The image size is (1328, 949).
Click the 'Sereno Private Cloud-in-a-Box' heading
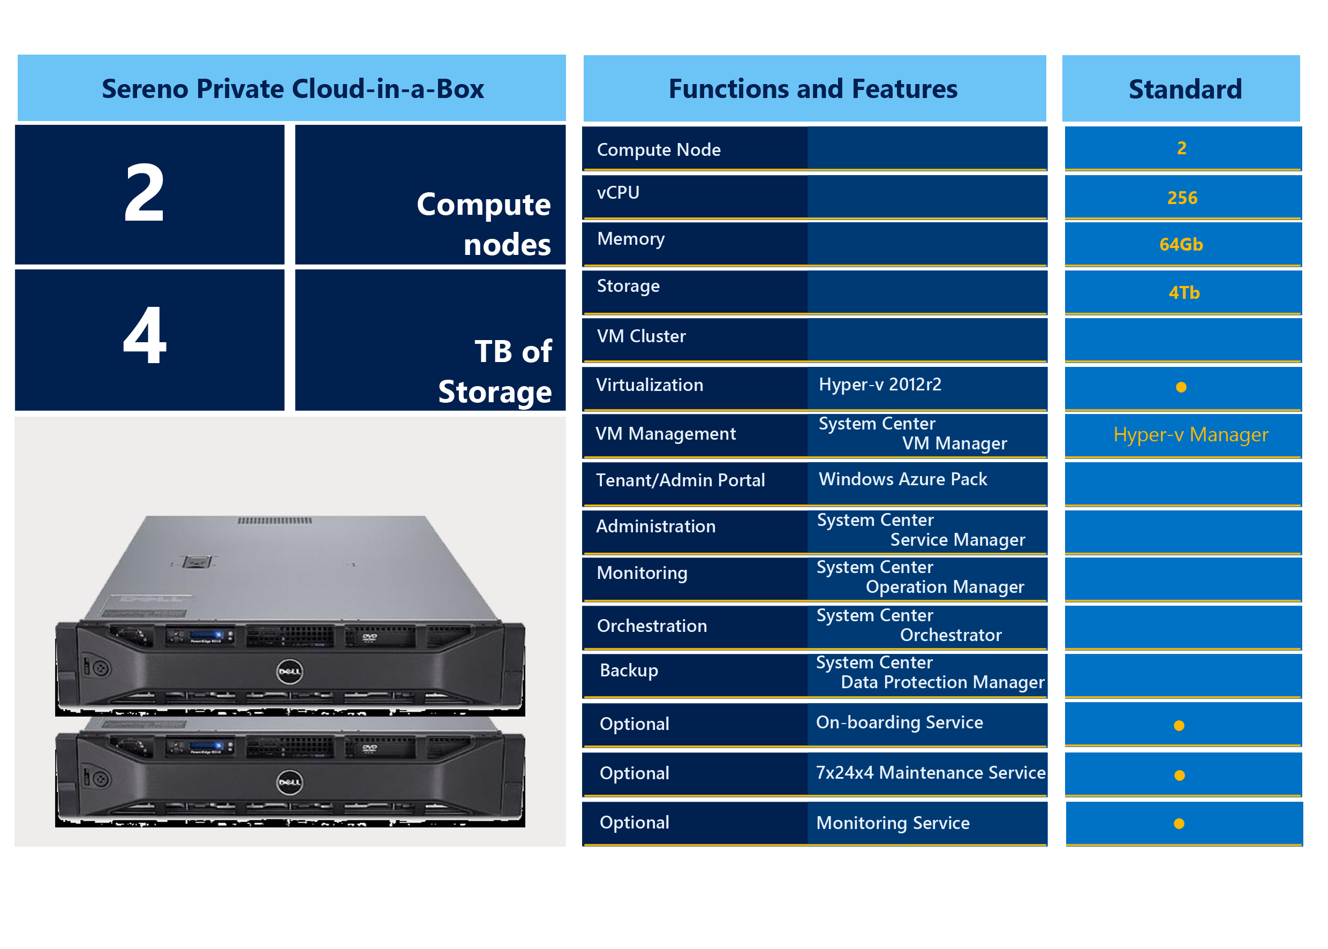point(293,89)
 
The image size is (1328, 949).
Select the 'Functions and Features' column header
point(813,89)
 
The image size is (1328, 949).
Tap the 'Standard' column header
point(1185,89)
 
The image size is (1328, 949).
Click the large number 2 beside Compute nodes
point(144,192)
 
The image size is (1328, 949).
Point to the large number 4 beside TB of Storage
point(145,335)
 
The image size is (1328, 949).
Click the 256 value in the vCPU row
point(1182,198)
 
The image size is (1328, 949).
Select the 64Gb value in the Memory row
point(1181,244)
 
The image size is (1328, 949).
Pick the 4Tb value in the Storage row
point(1184,292)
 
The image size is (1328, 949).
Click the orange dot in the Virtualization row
point(1181,387)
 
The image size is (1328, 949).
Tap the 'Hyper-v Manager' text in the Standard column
point(1191,435)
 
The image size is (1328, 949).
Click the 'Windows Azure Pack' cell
point(903,479)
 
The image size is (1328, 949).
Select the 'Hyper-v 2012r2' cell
point(880,384)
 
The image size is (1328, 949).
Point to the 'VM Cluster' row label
point(641,336)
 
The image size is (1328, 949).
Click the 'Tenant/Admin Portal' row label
point(680,480)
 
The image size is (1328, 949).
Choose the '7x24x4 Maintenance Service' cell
point(931,772)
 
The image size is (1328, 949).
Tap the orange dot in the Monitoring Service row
point(1179,823)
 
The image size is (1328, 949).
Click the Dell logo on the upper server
point(289,672)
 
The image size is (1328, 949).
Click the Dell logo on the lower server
point(289,782)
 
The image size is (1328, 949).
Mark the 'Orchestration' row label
point(652,626)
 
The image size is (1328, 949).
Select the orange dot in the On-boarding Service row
point(1179,726)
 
